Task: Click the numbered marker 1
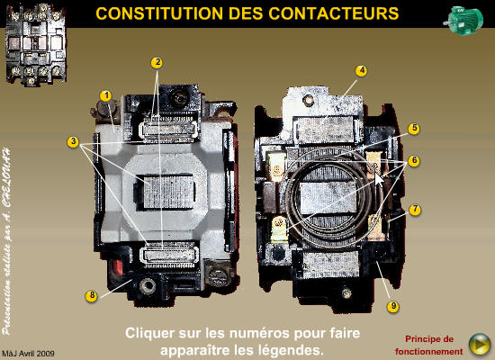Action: pyautogui.click(x=105, y=95)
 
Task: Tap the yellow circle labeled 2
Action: pyautogui.click(x=157, y=63)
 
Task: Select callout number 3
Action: pyautogui.click(x=72, y=141)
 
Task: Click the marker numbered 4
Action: pyautogui.click(x=361, y=70)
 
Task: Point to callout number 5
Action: pyautogui.click(x=414, y=129)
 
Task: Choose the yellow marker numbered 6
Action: pyautogui.click(x=414, y=160)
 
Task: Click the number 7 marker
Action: pyautogui.click(x=414, y=210)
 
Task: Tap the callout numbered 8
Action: pyautogui.click(x=91, y=295)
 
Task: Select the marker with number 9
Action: pyautogui.click(x=392, y=307)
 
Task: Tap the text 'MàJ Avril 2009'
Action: pyautogui.click(x=29, y=354)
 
